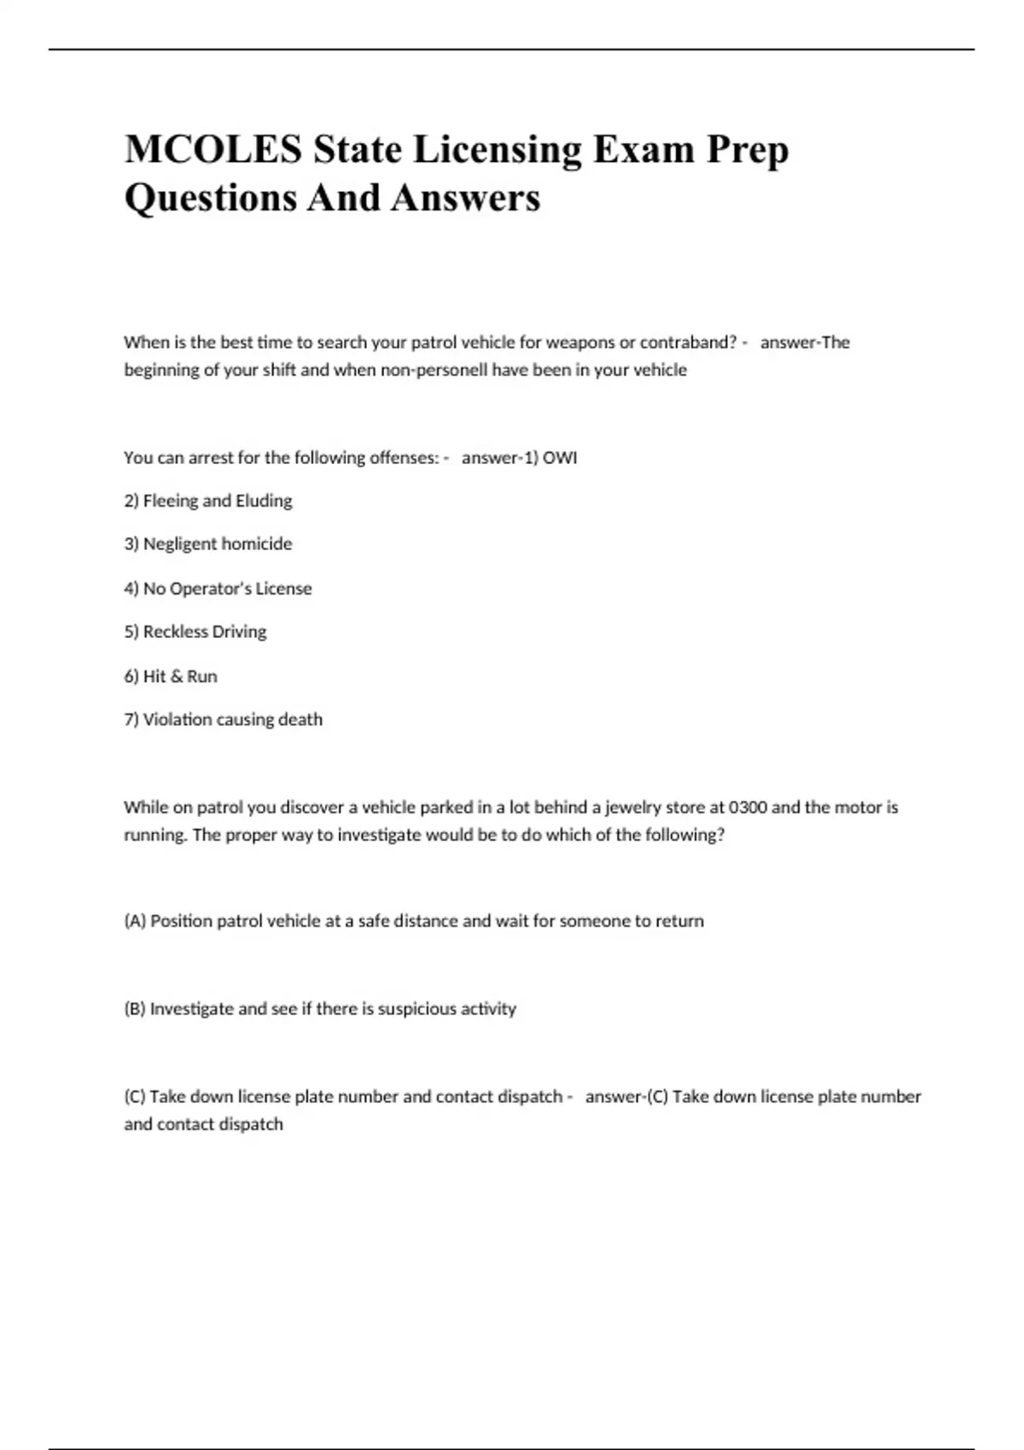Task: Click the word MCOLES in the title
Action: click(x=213, y=149)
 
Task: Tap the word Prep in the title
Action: click(x=747, y=151)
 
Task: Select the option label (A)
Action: click(x=135, y=921)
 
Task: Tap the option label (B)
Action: click(x=135, y=1009)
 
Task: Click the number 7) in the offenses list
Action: click(x=131, y=720)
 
